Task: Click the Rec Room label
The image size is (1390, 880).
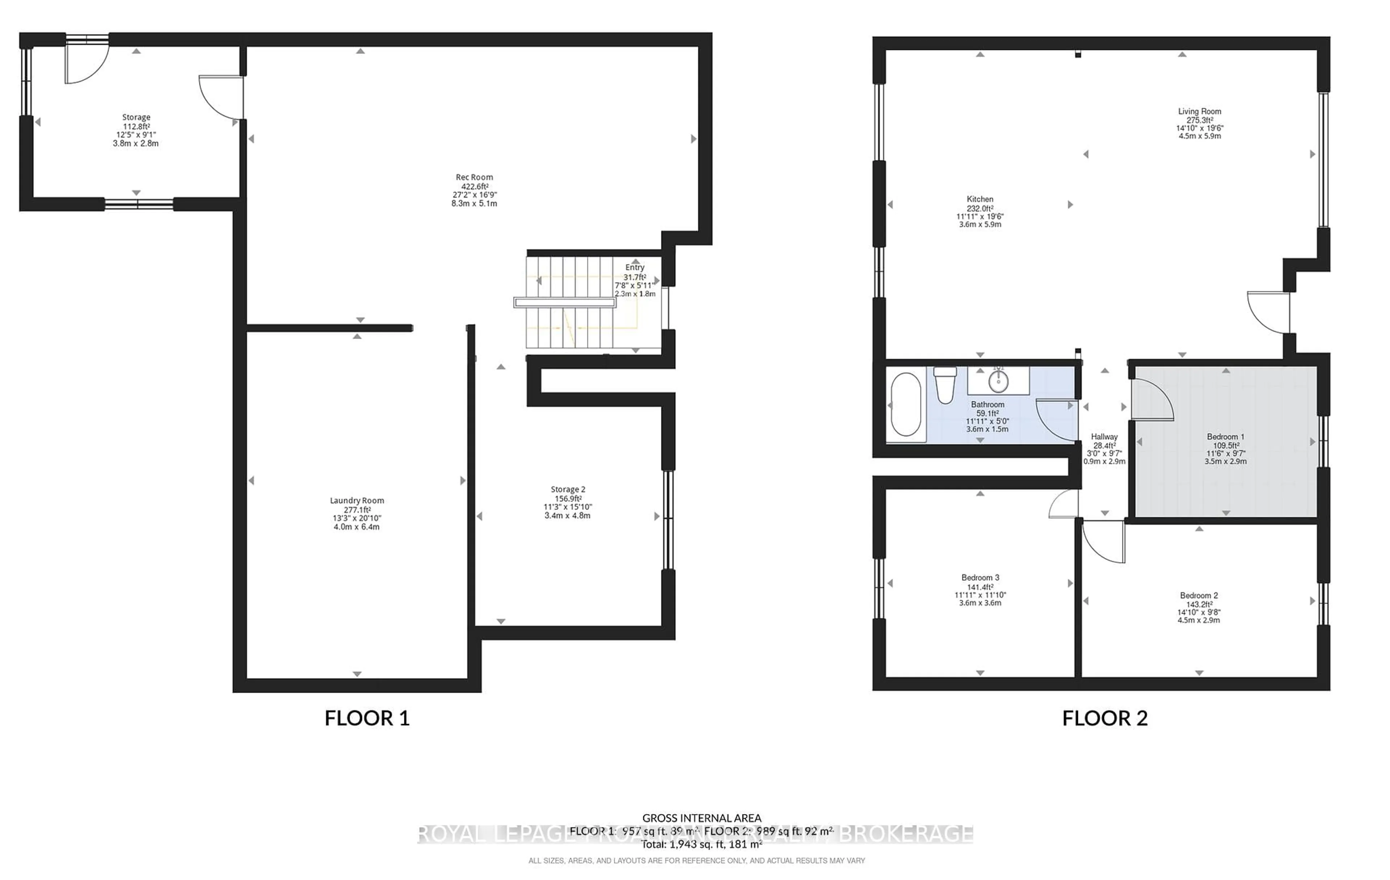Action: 474,177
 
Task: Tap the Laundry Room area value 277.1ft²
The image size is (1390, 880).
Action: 357,510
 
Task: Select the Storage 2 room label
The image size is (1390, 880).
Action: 568,489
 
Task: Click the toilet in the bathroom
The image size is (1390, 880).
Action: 945,385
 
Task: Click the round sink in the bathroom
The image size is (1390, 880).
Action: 998,381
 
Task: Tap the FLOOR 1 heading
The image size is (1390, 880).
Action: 367,718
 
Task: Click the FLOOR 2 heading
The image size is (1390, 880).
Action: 1105,718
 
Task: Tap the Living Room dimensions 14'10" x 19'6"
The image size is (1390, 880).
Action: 1200,128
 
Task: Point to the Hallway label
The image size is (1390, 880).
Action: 1104,437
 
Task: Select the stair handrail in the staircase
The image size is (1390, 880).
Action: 565,302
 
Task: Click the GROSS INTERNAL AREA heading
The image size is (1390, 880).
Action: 702,818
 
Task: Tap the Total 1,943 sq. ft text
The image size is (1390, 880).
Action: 702,844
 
